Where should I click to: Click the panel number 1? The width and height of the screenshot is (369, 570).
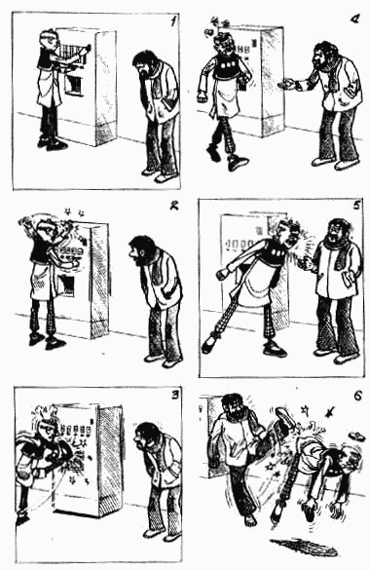click(174, 21)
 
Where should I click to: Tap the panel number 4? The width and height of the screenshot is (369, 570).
click(354, 19)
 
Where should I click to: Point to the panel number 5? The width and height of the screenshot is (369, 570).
click(356, 206)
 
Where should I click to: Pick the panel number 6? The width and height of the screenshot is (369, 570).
click(357, 396)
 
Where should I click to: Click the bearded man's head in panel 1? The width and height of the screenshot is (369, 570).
click(145, 63)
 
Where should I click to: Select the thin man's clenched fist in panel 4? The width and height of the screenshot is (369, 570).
click(202, 97)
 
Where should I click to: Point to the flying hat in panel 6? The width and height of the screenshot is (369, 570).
click(355, 436)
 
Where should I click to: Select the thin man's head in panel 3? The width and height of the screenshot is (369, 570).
click(46, 428)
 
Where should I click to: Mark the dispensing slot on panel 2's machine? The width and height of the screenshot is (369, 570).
click(65, 285)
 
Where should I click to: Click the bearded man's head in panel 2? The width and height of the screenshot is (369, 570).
click(142, 250)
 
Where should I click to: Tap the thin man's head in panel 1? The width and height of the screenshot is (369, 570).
click(50, 41)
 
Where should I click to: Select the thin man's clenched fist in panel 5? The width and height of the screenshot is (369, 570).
click(221, 274)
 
